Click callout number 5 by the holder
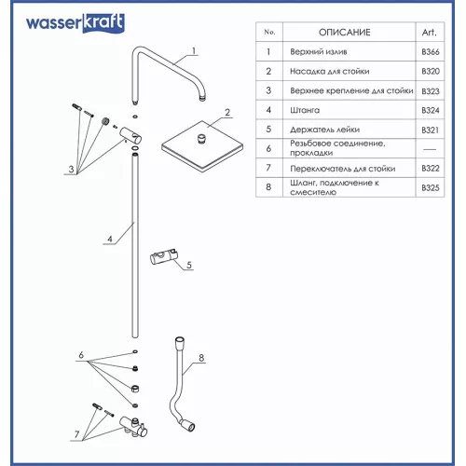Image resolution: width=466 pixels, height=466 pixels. tap(189, 266)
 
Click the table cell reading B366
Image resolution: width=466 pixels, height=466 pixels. tap(429, 51)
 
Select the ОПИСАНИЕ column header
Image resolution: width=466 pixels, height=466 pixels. tap(345, 32)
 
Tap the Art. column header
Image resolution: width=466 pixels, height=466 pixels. tap(429, 32)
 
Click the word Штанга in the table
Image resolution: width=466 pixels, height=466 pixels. tap(309, 109)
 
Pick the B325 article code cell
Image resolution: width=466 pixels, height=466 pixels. tap(429, 187)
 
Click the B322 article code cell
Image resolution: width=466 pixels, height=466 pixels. tap(429, 168)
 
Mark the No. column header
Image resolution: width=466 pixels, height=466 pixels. tap(268, 32)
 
